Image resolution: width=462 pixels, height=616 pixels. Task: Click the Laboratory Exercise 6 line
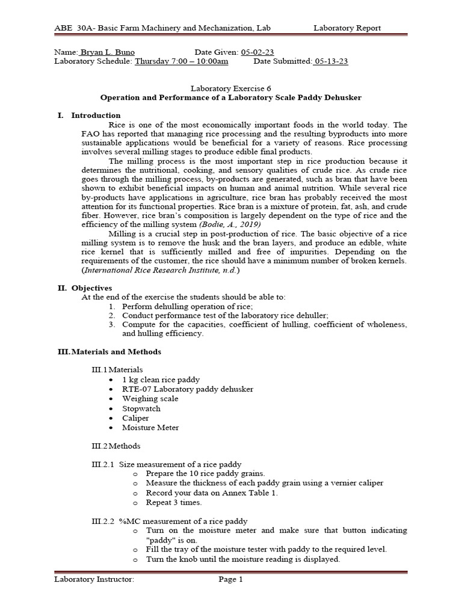tap(230, 87)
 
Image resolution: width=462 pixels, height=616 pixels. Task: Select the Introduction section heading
tap(96, 115)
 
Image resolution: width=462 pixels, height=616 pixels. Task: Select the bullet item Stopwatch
tap(141, 408)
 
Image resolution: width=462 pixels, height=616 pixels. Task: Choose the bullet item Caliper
tap(135, 418)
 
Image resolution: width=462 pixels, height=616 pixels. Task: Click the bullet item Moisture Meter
tap(150, 428)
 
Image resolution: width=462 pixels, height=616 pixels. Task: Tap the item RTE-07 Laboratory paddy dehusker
tap(188, 389)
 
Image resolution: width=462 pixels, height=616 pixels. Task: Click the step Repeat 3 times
tap(174, 502)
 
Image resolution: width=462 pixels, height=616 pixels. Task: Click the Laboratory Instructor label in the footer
tap(94, 580)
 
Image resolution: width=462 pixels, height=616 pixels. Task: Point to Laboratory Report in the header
tap(347, 28)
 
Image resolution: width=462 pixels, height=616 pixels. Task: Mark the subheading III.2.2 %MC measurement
tap(165, 521)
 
